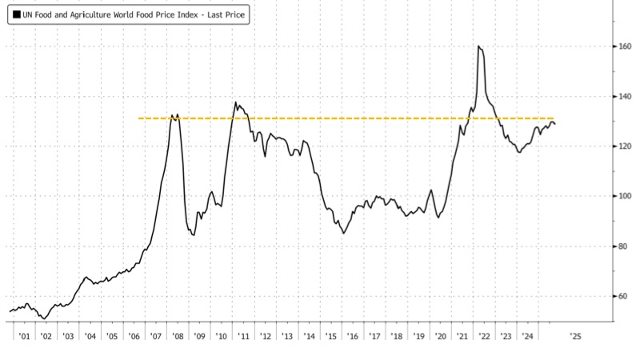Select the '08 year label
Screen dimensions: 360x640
click(178, 336)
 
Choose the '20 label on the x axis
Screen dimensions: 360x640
click(440, 336)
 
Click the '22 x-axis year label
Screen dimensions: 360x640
click(485, 336)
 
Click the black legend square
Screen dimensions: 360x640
click(16, 15)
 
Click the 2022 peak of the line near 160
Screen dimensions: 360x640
click(478, 46)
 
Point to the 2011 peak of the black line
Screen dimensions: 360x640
click(236, 102)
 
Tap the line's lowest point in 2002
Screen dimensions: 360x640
click(43, 318)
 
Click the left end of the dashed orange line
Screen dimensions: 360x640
click(139, 118)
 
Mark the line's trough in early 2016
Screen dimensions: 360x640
click(344, 233)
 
